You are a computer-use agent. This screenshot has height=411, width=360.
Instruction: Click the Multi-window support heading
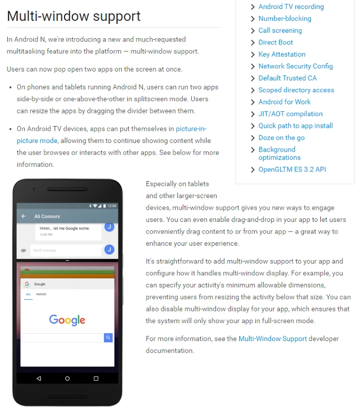(x=74, y=16)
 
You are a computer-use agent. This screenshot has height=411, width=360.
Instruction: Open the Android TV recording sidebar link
(x=291, y=7)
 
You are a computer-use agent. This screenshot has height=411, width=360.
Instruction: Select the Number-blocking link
(x=284, y=19)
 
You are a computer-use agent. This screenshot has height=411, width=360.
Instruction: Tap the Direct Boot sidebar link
(x=275, y=42)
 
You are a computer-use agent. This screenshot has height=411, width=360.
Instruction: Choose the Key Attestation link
(x=282, y=54)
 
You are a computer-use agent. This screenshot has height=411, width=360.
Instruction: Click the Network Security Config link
(x=295, y=66)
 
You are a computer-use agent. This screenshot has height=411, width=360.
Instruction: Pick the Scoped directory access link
(x=296, y=90)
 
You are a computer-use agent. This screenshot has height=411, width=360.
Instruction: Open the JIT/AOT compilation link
(x=290, y=114)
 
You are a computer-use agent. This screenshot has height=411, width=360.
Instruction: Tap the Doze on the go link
(x=281, y=138)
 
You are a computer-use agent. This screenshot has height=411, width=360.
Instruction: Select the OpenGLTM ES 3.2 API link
(x=292, y=169)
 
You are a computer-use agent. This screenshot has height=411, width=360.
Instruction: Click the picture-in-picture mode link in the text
(x=191, y=129)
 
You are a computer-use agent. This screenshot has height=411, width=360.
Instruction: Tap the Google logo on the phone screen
(x=67, y=320)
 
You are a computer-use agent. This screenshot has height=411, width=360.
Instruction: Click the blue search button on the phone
(x=108, y=337)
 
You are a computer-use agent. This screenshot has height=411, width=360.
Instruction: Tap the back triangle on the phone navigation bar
(x=39, y=379)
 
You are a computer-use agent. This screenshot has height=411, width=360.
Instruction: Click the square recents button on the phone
(x=96, y=379)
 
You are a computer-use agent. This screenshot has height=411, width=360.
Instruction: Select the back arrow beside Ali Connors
(x=23, y=216)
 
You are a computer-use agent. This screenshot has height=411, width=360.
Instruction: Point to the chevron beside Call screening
(x=253, y=31)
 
